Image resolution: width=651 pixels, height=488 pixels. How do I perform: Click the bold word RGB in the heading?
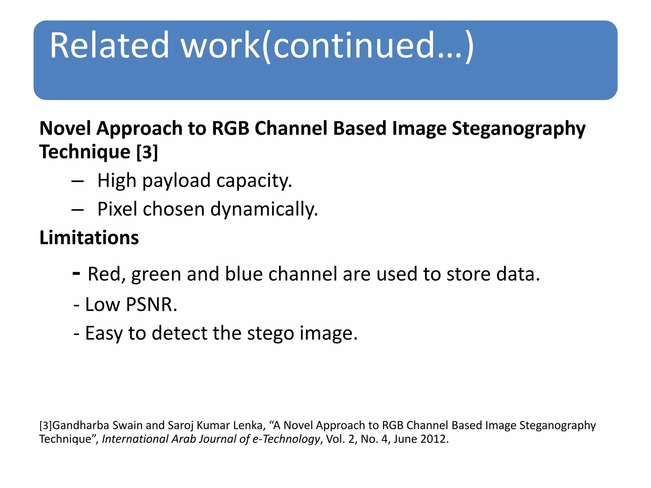click(x=230, y=128)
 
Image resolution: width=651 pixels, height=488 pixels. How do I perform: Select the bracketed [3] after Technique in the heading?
click(x=147, y=152)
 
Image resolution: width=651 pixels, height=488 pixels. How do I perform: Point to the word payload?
click(x=176, y=180)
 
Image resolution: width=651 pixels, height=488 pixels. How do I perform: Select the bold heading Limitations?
click(x=89, y=238)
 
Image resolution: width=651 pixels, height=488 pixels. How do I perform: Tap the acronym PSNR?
click(x=151, y=304)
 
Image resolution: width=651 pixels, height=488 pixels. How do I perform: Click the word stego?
click(x=271, y=333)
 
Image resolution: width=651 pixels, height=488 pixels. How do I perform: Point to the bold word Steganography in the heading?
click(x=518, y=128)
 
